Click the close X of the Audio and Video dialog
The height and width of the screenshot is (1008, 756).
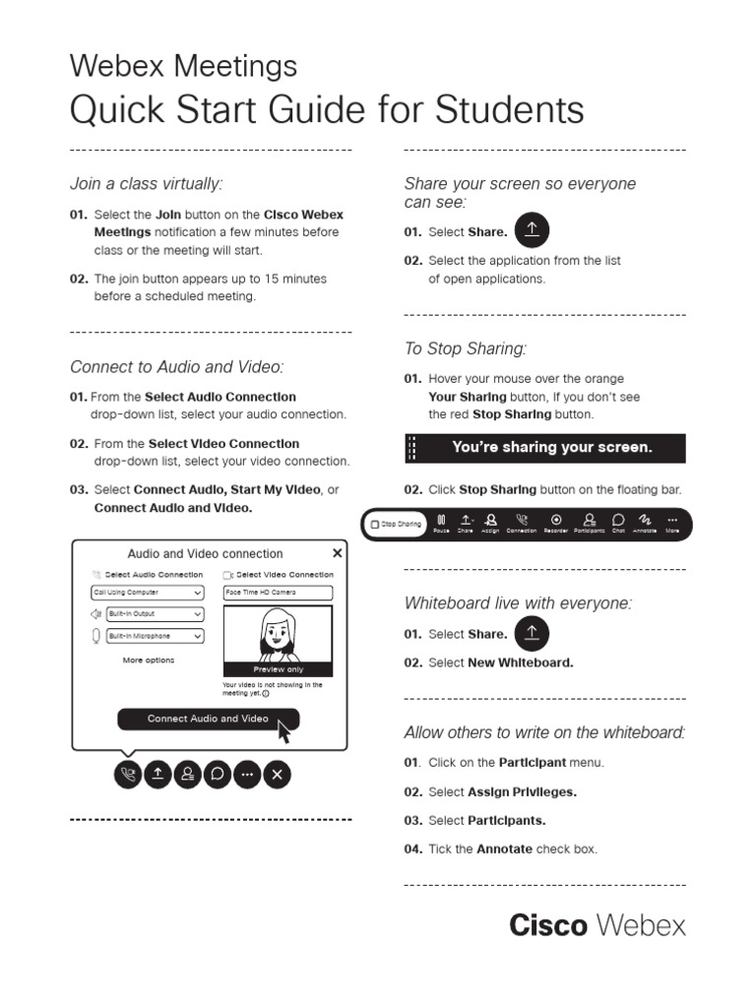click(x=338, y=553)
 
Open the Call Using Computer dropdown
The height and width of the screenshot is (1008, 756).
click(x=147, y=593)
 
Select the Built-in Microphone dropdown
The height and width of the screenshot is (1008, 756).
click(x=147, y=636)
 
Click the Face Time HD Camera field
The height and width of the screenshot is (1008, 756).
click(x=278, y=593)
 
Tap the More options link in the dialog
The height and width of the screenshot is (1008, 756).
click(x=148, y=661)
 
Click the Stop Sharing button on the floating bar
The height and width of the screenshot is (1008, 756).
click(x=396, y=524)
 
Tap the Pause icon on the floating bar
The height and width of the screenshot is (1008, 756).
click(x=441, y=522)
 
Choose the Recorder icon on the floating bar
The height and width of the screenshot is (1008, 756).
click(x=556, y=522)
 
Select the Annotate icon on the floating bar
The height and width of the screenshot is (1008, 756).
click(x=645, y=522)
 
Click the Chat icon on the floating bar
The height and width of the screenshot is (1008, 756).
click(x=618, y=522)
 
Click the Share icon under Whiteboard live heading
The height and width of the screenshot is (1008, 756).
click(x=532, y=634)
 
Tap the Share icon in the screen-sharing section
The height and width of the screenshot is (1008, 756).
click(x=532, y=231)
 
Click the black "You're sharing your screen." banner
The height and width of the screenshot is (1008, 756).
click(x=545, y=448)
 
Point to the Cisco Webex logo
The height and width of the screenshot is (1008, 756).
click(x=597, y=925)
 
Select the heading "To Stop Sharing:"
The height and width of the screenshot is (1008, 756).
click(x=466, y=348)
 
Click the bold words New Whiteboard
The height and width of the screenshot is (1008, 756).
click(x=520, y=662)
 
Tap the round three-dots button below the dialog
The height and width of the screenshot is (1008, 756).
click(x=247, y=775)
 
